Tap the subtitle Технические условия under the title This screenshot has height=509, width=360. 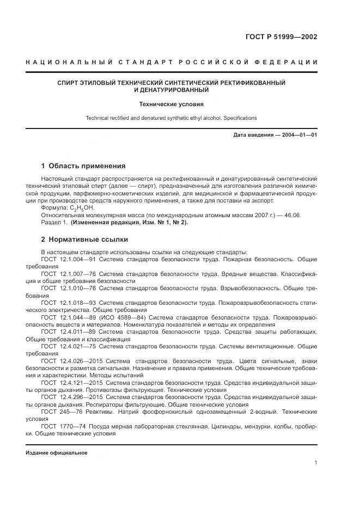(171, 103)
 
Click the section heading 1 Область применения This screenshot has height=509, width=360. (83, 166)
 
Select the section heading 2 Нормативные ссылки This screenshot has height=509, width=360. (84, 239)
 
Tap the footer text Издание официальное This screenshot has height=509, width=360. (57, 453)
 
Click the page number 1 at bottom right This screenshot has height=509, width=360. (316, 462)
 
